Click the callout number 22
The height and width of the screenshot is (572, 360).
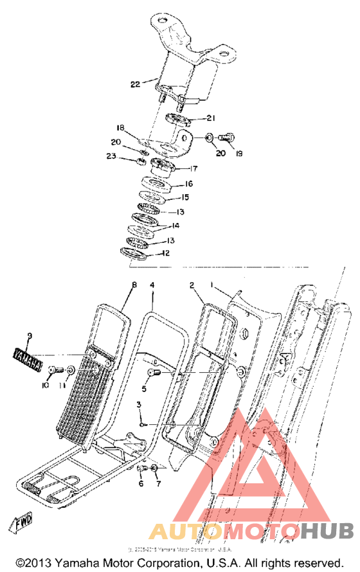tap(135, 84)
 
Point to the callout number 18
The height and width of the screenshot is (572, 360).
tap(138, 128)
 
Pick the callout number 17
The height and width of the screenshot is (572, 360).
tap(193, 169)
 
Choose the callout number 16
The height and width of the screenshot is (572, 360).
tap(189, 184)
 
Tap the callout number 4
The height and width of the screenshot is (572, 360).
tap(152, 283)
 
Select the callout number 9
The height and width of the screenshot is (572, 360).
tap(29, 336)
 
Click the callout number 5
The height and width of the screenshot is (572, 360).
tap(145, 388)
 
